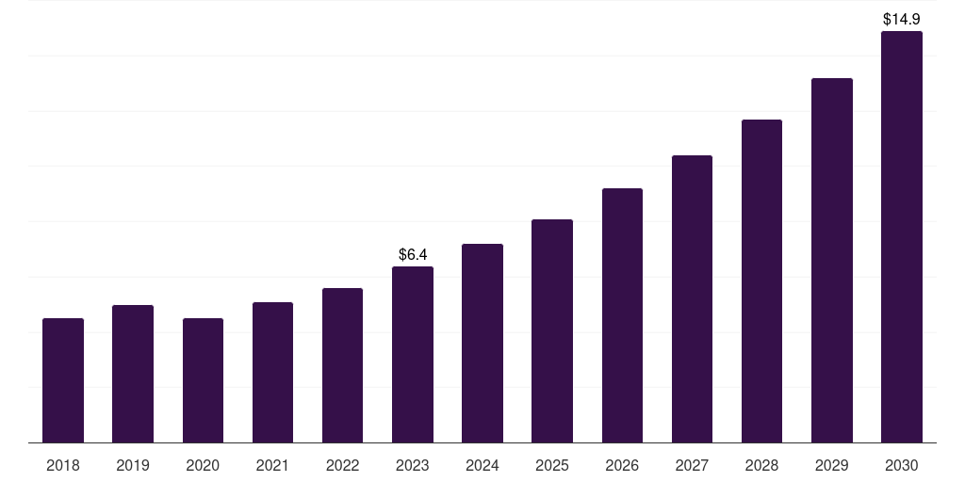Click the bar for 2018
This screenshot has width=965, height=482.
[63, 380]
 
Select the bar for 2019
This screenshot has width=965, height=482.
[133, 374]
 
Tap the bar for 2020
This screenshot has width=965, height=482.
[204, 380]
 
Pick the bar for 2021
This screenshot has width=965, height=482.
[272, 373]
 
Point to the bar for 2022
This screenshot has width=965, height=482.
[342, 365]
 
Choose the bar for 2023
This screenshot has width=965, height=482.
[413, 355]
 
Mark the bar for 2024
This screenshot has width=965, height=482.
[482, 343]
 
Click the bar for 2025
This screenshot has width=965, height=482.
[552, 330]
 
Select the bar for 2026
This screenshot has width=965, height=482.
[622, 315]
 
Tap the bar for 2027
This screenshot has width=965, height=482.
[692, 298]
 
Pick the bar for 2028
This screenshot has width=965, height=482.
[761, 281]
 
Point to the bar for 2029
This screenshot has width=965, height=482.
[832, 261]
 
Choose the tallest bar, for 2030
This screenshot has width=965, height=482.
[902, 236]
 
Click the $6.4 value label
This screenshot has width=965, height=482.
[413, 254]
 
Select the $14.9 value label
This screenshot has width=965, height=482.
[902, 19]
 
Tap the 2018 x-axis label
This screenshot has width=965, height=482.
[63, 466]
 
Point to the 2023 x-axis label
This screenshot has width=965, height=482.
[413, 466]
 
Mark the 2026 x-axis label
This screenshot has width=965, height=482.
[622, 466]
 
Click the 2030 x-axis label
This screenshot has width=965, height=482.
[902, 466]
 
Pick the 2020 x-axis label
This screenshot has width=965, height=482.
[204, 466]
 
